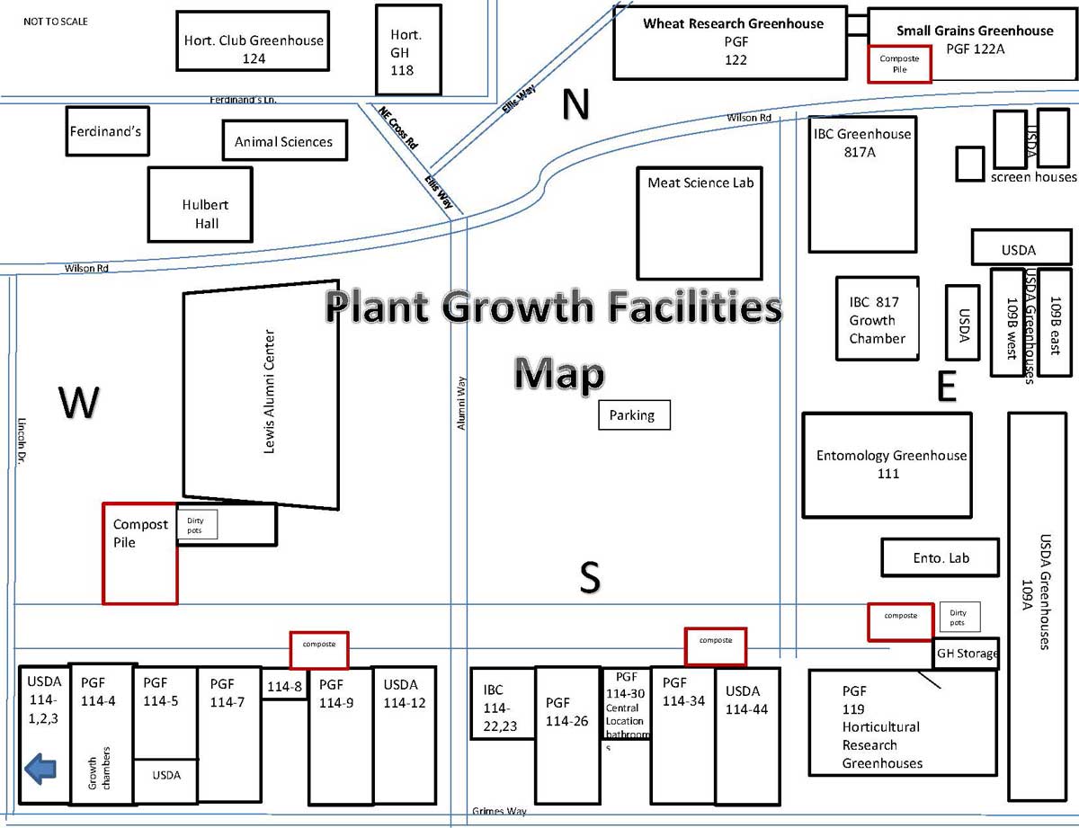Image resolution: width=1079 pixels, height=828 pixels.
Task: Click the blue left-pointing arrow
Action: click(40, 770)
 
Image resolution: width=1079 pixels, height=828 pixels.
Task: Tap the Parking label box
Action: click(634, 415)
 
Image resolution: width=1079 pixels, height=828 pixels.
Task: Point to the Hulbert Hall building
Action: click(200, 204)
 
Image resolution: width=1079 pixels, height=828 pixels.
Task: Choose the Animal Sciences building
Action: click(284, 141)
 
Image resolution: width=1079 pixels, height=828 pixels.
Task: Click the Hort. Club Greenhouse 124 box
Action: click(254, 40)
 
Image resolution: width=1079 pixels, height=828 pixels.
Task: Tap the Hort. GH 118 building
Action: click(407, 49)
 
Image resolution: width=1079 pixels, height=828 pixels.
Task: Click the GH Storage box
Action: click(967, 654)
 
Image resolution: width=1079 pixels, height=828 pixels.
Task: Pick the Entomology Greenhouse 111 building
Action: click(887, 465)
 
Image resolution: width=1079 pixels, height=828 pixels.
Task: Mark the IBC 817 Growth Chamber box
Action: click(877, 319)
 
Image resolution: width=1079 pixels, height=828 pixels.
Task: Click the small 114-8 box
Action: click(284, 686)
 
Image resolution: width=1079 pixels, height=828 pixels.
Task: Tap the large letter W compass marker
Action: click(77, 403)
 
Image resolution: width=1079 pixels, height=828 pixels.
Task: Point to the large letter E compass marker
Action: click(945, 387)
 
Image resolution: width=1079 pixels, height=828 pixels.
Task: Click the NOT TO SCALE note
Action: click(55, 21)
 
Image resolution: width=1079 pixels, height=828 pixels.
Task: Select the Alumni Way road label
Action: click(461, 402)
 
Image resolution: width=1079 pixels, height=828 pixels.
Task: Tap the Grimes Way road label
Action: click(499, 811)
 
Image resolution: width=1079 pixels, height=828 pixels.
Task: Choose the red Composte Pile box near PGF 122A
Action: click(900, 63)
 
